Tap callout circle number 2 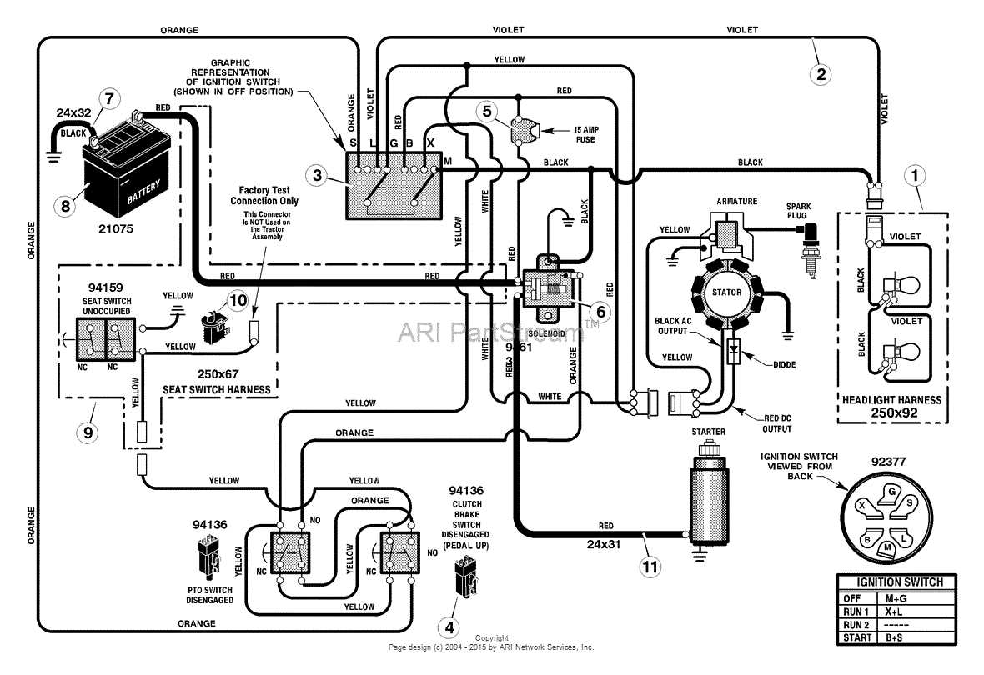pos(821,73)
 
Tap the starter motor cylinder pos(705,492)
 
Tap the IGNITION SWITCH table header pos(896,582)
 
